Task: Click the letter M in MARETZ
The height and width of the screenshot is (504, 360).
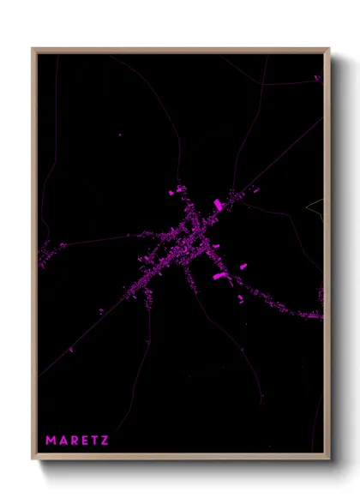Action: coord(51,441)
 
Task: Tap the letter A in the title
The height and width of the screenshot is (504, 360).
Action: coord(63,441)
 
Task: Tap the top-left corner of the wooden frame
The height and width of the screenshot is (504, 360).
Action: coord(33,49)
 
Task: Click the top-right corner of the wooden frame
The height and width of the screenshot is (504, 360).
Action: coord(329,49)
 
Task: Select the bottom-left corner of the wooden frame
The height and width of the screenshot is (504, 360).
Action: coord(33,459)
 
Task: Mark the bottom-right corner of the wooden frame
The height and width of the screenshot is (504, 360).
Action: coord(329,459)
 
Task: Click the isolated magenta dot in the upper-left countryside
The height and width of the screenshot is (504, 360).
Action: coord(120,134)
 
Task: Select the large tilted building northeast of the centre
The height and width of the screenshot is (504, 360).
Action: coord(218,204)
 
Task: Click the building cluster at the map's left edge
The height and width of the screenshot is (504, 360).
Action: coord(51,252)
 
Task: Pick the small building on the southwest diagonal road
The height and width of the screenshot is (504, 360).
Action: coord(70,349)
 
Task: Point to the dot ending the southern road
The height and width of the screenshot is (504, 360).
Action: coord(261,399)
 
